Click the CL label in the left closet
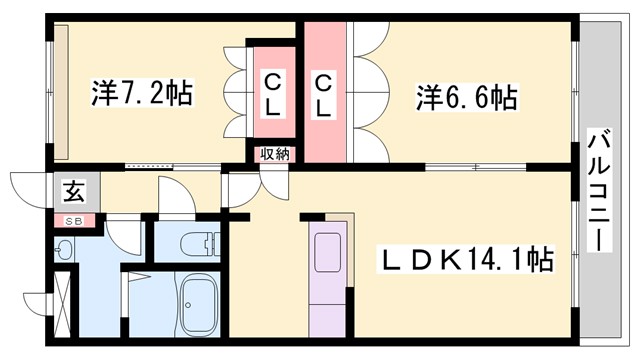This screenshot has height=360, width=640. pos(272,94)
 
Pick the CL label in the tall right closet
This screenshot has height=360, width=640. pos(325,94)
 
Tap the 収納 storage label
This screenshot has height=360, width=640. pos(275,154)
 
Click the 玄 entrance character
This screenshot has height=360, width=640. pos(74,190)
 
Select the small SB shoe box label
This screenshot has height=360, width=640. pos(74,221)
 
